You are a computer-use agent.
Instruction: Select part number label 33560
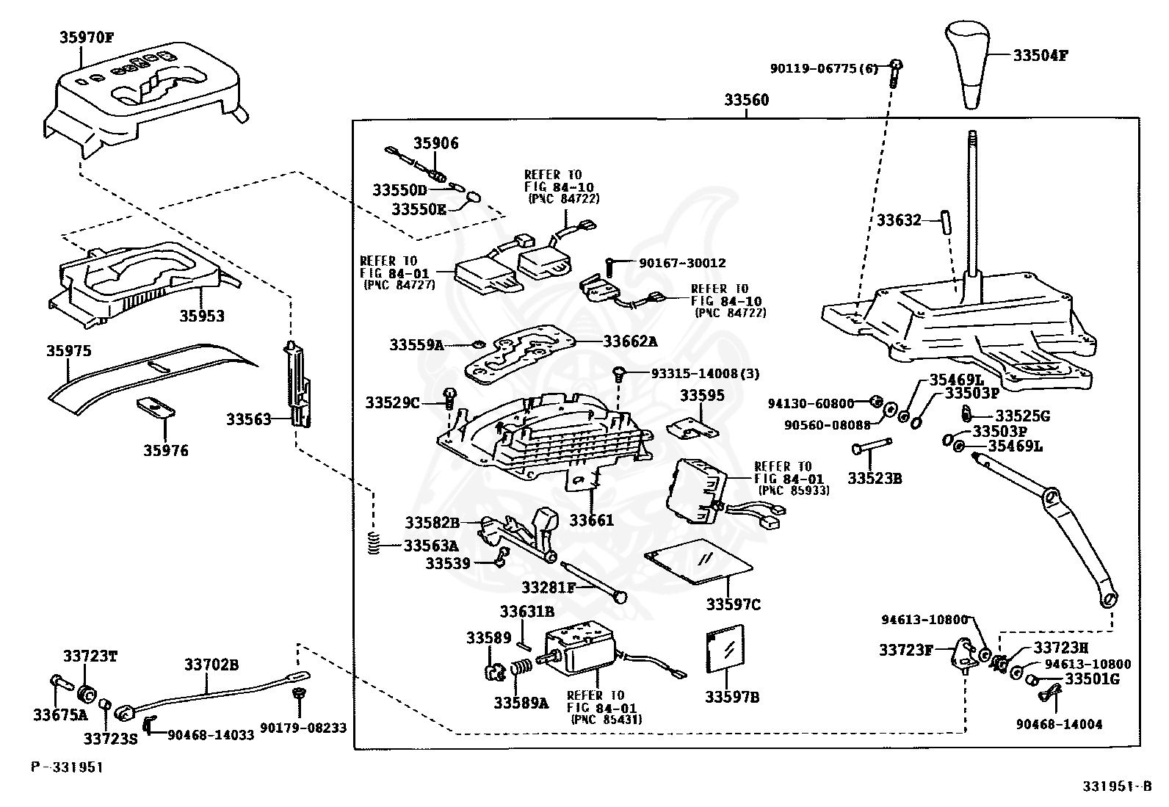746,99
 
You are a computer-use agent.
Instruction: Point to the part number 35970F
86,37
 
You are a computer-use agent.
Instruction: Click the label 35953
202,316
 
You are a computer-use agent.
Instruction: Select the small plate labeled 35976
156,408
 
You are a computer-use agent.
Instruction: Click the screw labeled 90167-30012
609,268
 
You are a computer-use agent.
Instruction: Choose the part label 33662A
631,341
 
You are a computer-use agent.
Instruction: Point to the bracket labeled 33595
692,427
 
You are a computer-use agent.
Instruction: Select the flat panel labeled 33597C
698,561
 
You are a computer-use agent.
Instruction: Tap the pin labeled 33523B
872,446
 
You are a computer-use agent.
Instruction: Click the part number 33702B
211,665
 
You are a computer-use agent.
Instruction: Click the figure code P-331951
67,767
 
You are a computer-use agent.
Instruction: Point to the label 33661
591,521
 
